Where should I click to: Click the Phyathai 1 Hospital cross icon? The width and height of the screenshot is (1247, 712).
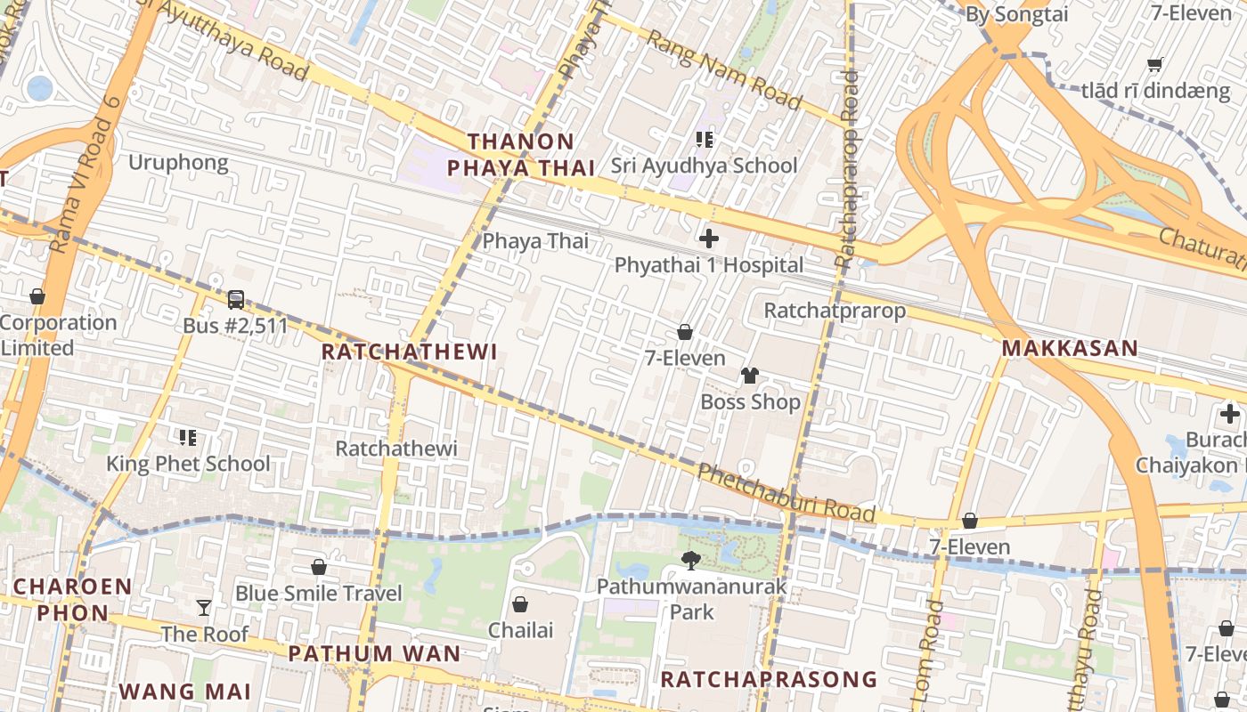(709, 239)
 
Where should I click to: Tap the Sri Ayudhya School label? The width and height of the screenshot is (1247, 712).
(704, 166)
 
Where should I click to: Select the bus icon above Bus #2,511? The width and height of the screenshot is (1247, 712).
(235, 300)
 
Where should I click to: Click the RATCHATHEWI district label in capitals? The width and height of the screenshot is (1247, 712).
(409, 352)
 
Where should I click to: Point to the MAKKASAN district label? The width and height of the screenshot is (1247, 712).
(1070, 348)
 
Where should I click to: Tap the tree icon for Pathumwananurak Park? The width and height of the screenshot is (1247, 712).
(690, 560)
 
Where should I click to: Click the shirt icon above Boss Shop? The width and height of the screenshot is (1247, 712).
(749, 376)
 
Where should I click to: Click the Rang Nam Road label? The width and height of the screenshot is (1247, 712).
(723, 69)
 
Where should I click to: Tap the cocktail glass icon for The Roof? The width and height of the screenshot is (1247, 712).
(204, 608)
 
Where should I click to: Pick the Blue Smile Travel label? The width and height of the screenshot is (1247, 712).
(319, 594)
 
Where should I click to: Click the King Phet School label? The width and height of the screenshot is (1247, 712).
(188, 464)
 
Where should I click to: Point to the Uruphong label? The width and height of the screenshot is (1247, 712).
(178, 163)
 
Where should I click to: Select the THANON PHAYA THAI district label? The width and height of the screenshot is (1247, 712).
(521, 155)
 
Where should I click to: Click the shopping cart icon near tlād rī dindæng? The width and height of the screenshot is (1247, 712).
(1155, 64)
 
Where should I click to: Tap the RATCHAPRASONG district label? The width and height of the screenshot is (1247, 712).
(768, 680)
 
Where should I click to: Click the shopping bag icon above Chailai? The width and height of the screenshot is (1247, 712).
(520, 604)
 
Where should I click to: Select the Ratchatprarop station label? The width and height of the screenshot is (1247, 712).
(835, 311)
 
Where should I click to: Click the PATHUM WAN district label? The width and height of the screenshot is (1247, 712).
(374, 654)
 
